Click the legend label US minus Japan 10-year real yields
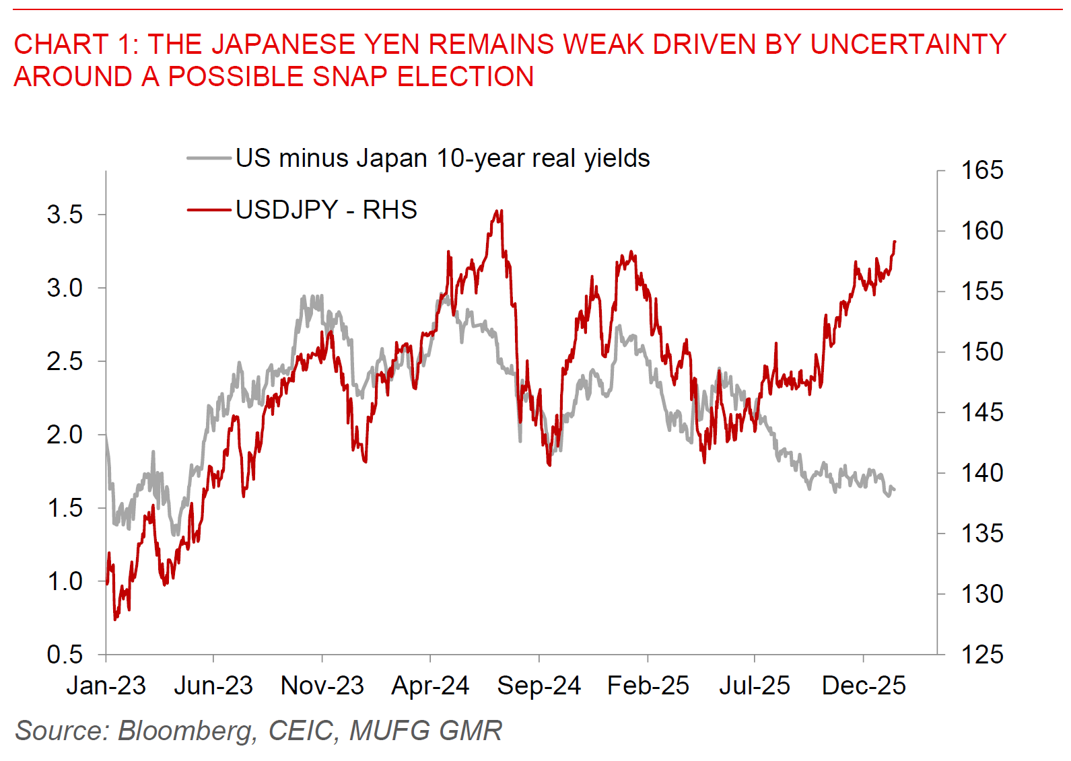[x=442, y=159]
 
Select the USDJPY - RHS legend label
[x=326, y=210]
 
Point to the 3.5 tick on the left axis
[x=65, y=215]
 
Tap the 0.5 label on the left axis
[x=65, y=654]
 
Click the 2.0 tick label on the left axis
[x=65, y=435]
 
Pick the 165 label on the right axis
[x=981, y=170]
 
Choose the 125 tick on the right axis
[x=981, y=654]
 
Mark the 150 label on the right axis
[x=981, y=351]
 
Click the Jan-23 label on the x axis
[x=106, y=686]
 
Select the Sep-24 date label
[x=539, y=686]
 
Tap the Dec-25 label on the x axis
[x=864, y=686]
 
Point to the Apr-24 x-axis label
[x=430, y=686]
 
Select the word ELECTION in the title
[x=465, y=77]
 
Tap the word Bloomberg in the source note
[x=186, y=731]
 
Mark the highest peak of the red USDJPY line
[x=499, y=211]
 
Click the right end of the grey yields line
[x=895, y=490]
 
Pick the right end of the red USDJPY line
[x=895, y=242]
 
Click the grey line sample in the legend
[x=209, y=159]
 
